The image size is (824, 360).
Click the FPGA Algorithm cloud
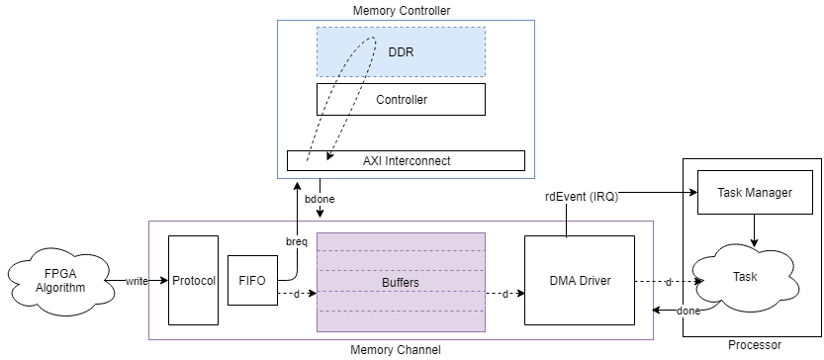[x=58, y=281]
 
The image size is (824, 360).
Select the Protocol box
[x=193, y=280]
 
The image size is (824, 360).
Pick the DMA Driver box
[x=580, y=281]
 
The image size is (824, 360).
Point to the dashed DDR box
[x=401, y=51]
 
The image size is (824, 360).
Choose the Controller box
[x=401, y=99]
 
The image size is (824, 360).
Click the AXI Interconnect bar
[x=406, y=160]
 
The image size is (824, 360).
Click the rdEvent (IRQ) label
[x=581, y=197]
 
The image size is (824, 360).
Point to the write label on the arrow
[x=137, y=282]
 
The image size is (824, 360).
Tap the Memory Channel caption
[x=396, y=350]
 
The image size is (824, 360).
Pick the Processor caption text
[x=754, y=345]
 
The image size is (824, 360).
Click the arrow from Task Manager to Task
[x=754, y=228]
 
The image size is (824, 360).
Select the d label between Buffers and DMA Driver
[x=505, y=294]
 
